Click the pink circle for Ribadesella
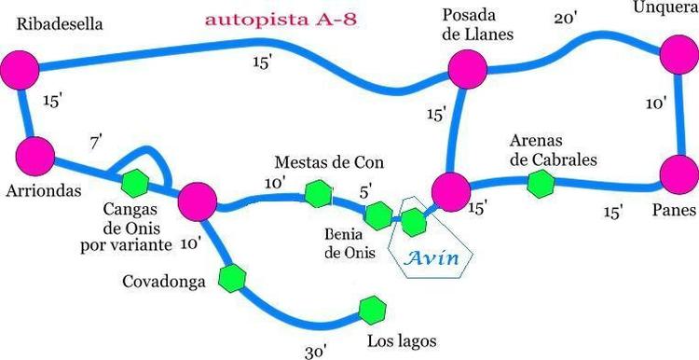20,70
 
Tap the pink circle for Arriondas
35,156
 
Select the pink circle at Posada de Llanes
468,69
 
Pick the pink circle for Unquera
679,54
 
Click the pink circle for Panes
679,174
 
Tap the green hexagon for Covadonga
232,278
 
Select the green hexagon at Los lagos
373,311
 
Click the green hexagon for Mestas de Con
319,194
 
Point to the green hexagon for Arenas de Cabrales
541,184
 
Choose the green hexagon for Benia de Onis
378,215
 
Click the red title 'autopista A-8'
281,21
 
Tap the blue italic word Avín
432,258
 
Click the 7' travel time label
96,144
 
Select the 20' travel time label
566,19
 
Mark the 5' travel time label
366,192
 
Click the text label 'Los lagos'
401,342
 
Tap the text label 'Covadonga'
164,282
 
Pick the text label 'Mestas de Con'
329,162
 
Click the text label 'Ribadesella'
60,24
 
